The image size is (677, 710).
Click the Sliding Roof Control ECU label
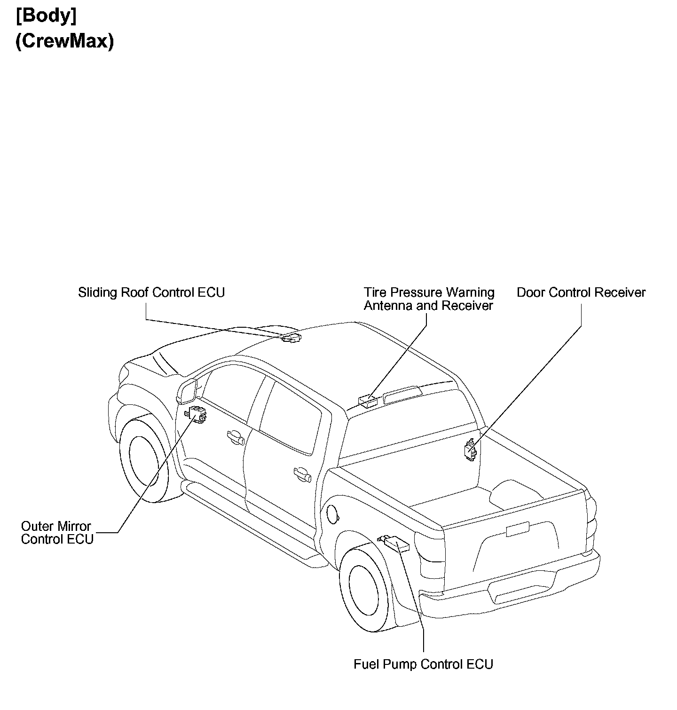151,292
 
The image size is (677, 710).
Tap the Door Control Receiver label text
581,292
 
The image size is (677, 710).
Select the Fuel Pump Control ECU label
423,664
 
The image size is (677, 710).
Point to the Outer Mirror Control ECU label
57,532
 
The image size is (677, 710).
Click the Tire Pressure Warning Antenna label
429,299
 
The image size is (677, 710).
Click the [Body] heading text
46,16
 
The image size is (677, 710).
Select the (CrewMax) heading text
64,41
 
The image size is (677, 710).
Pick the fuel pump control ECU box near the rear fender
396,544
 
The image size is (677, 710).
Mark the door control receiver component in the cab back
470,449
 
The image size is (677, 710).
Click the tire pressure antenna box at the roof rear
368,400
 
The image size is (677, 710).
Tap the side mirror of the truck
188,391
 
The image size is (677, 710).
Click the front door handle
236,438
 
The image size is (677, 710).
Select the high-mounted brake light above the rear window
402,395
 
